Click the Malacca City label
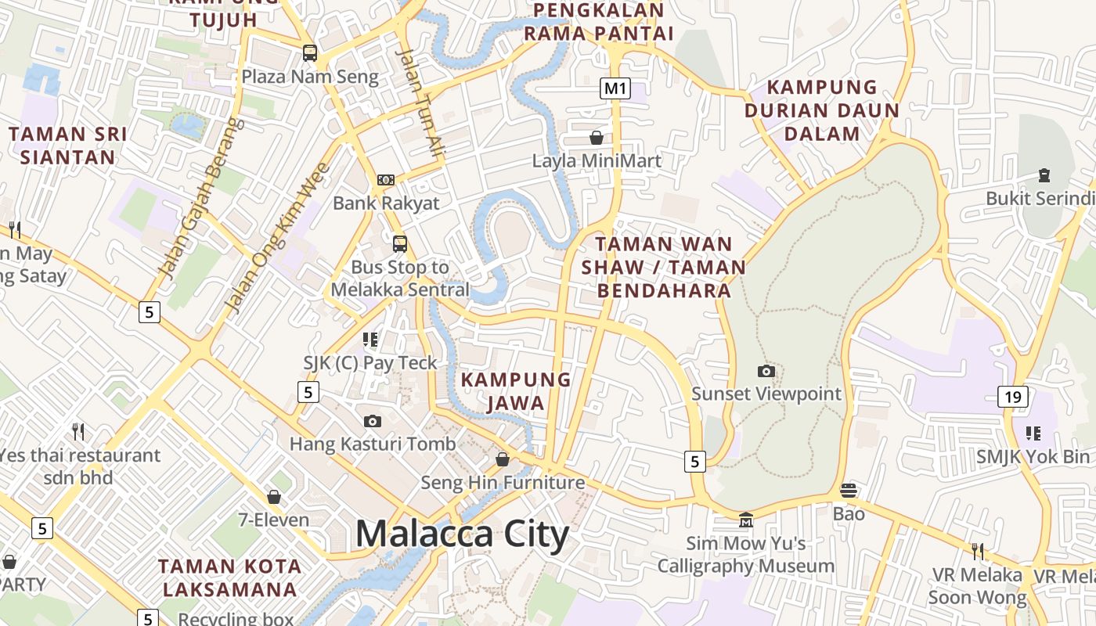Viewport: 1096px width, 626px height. click(x=462, y=534)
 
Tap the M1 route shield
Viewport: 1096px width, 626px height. click(x=615, y=88)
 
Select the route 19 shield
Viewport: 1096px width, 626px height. click(x=1013, y=397)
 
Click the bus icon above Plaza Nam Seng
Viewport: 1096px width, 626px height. click(x=310, y=53)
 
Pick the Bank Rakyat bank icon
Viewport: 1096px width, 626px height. click(x=386, y=180)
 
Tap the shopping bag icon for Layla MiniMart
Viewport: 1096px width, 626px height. click(x=597, y=138)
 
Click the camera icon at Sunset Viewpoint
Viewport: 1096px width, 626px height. click(x=766, y=371)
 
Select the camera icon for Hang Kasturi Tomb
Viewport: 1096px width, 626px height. click(x=373, y=421)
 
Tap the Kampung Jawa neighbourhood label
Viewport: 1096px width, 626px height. click(x=516, y=391)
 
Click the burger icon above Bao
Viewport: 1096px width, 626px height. click(x=849, y=491)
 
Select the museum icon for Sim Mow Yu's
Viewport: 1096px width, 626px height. click(x=746, y=520)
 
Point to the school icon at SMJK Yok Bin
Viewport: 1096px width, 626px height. click(x=1033, y=433)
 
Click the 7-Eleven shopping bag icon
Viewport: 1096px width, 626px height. click(x=274, y=497)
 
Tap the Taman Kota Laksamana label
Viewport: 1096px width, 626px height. click(x=229, y=577)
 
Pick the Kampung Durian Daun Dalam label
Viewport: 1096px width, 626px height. click(x=822, y=110)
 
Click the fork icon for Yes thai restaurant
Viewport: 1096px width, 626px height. click(x=78, y=431)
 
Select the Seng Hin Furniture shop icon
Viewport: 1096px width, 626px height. click(x=503, y=459)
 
